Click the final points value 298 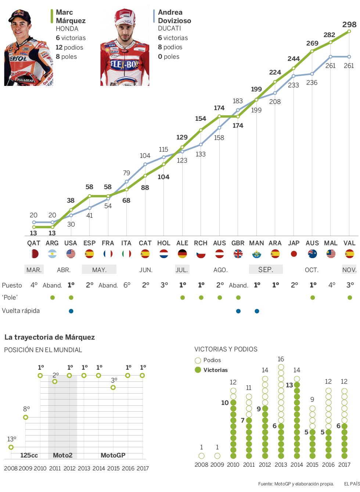(349, 25)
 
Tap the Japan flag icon (294, 254)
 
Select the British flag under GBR (238, 254)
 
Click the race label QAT (34, 243)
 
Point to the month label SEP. (266, 269)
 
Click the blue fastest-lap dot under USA (71, 311)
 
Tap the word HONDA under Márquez (67, 29)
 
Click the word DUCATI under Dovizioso (169, 28)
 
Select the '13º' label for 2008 (12, 439)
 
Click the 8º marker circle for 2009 (25, 417)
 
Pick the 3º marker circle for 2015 (113, 387)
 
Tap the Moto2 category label (62, 455)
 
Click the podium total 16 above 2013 (281, 359)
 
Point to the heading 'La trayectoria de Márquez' (50, 337)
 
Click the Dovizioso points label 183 (238, 101)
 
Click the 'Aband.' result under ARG (52, 285)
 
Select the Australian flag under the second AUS (312, 254)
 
